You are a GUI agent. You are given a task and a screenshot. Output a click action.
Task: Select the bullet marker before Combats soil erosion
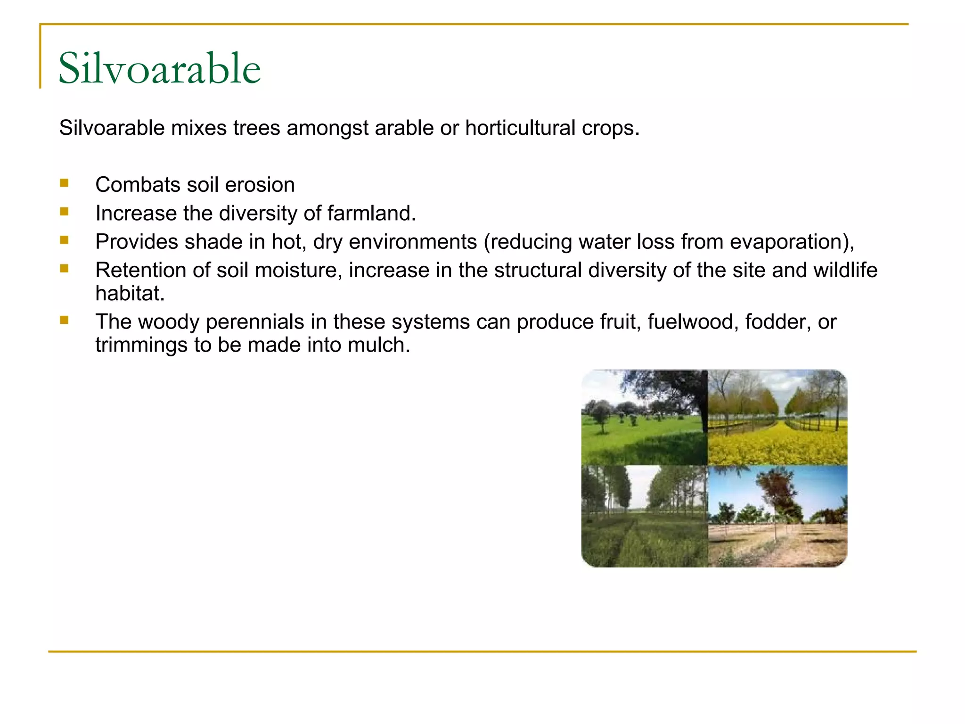pos(65,183)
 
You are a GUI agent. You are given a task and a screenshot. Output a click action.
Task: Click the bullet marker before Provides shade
pos(65,240)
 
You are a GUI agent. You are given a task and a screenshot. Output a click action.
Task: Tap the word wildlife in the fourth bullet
pos(845,271)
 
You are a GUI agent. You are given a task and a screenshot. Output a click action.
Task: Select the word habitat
pos(130,294)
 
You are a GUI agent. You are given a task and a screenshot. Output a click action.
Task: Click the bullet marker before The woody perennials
pos(65,321)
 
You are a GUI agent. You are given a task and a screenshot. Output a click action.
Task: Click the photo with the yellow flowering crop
pos(777,417)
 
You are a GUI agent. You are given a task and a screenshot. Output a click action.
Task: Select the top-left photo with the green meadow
pos(644,417)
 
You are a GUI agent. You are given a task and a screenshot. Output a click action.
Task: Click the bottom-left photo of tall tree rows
pos(644,516)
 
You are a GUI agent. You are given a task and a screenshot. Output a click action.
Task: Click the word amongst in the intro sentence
pos(327,128)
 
